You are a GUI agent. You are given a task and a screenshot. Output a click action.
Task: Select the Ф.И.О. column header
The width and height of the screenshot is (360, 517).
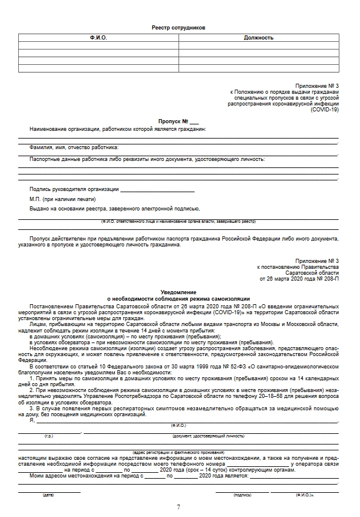(98, 38)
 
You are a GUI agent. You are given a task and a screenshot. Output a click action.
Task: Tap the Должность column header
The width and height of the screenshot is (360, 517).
(258, 38)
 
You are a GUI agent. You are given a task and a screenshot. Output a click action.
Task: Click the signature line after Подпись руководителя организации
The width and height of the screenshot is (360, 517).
(157, 190)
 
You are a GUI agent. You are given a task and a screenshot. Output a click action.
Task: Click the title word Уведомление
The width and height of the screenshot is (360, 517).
(178, 292)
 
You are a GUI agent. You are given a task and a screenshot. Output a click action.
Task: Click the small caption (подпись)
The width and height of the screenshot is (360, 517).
(242, 495)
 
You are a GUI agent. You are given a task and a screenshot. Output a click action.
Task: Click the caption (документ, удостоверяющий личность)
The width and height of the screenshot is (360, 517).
(208, 436)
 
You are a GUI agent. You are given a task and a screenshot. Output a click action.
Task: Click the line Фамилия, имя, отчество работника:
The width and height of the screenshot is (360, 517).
(74, 147)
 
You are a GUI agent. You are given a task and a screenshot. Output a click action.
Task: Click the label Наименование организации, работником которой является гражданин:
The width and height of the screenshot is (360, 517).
(118, 129)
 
